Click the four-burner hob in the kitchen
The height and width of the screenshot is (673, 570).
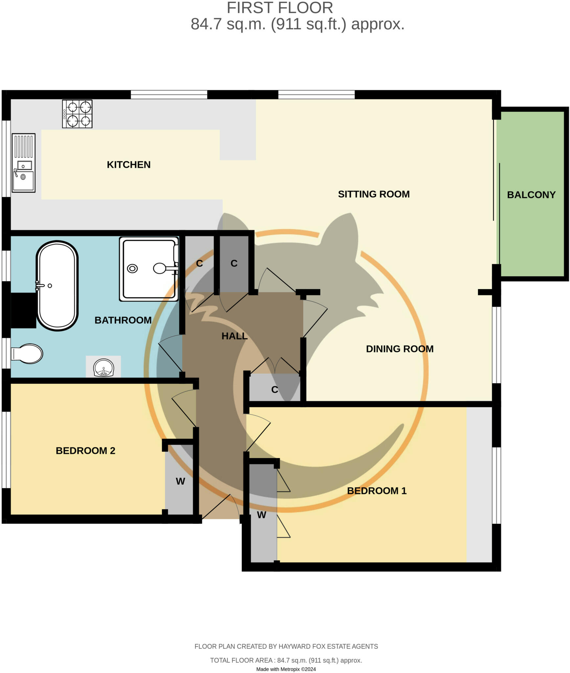click(77, 114)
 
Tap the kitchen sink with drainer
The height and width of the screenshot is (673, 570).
click(23, 163)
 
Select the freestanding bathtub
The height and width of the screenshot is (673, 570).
click(57, 286)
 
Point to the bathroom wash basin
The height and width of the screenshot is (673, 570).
click(103, 367)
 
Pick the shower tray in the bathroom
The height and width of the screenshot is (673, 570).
click(149, 269)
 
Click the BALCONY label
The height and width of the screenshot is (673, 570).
click(531, 195)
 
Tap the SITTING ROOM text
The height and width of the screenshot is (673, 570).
click(374, 194)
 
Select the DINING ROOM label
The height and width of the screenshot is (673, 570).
click(399, 349)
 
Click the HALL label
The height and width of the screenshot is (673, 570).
click(234, 336)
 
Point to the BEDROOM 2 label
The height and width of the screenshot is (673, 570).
click(85, 451)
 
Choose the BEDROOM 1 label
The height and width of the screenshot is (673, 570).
click(376, 491)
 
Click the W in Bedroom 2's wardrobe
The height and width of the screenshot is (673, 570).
click(180, 481)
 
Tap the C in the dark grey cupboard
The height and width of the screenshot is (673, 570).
click(234, 263)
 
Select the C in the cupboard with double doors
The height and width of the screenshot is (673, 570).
click(275, 390)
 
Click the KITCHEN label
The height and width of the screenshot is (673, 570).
click(128, 165)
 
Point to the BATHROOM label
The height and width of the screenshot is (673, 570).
click(123, 320)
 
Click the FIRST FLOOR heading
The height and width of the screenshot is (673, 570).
click(280, 8)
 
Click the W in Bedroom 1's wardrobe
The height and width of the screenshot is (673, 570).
click(262, 515)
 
